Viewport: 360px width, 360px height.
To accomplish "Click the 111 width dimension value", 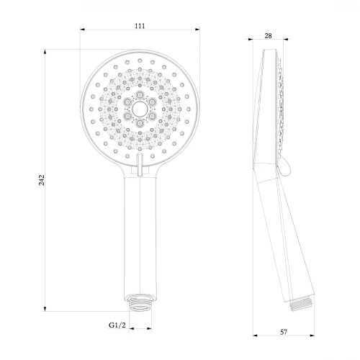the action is click(x=140, y=26).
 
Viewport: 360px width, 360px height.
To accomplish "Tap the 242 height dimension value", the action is click(x=42, y=180).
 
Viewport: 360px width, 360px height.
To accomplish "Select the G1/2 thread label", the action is click(x=117, y=325).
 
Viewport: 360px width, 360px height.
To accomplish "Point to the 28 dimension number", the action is click(x=268, y=36).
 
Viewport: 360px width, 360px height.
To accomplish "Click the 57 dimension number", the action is click(x=284, y=332).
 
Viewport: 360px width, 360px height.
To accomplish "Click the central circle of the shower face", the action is click(x=140, y=109).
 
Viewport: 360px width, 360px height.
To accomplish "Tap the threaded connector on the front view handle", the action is click(x=140, y=302).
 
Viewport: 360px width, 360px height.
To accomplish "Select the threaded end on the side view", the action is click(x=301, y=303).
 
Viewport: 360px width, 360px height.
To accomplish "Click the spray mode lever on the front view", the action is click(x=140, y=165).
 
